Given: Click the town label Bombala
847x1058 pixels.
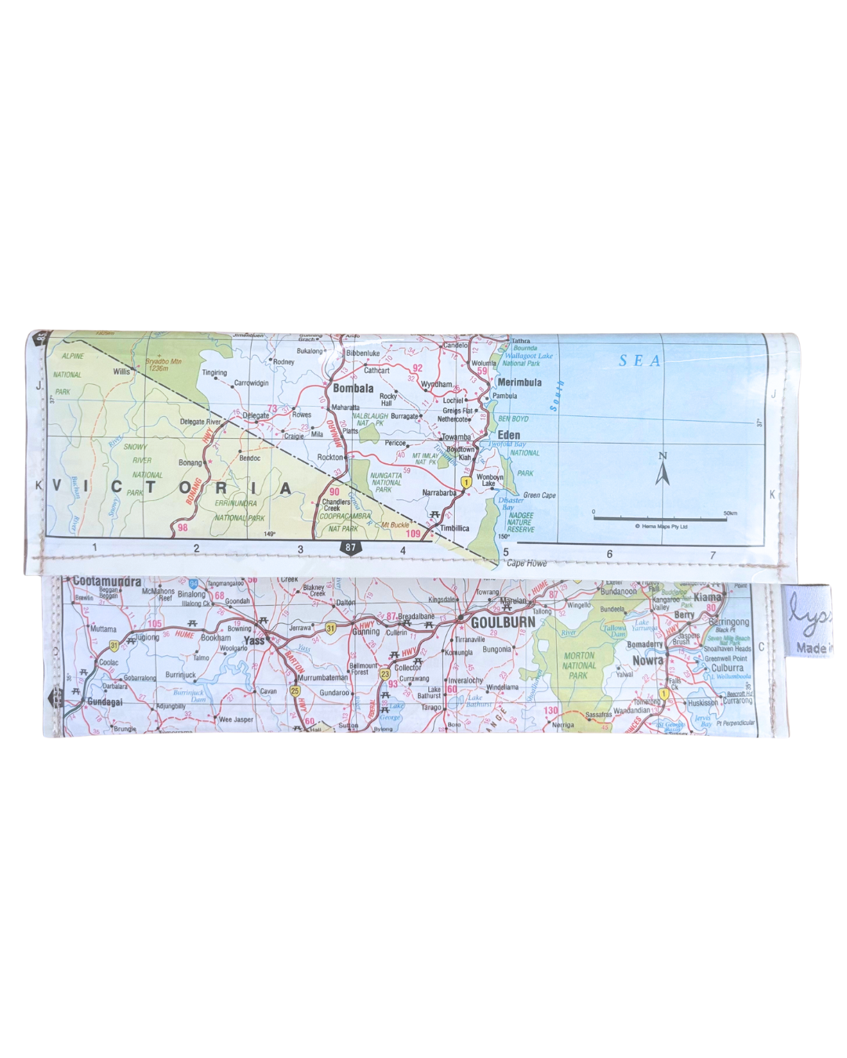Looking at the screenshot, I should pyautogui.click(x=353, y=388).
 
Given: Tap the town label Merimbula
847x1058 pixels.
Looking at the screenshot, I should pyautogui.click(x=519, y=382).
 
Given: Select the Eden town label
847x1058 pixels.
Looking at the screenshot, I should pyautogui.click(x=508, y=435).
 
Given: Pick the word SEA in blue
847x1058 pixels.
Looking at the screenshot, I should pyautogui.click(x=640, y=361).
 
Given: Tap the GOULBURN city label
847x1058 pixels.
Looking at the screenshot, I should pyautogui.click(x=503, y=622).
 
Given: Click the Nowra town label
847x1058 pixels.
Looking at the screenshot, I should pyautogui.click(x=648, y=661).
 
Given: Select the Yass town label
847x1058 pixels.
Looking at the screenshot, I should pyautogui.click(x=254, y=640).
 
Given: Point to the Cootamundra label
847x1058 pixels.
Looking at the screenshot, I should pyautogui.click(x=107, y=582).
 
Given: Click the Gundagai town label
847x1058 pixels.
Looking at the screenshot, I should pyautogui.click(x=104, y=702).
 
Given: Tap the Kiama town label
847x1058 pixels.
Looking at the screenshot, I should pyautogui.click(x=707, y=597).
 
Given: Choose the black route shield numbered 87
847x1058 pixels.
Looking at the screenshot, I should pyautogui.click(x=350, y=548).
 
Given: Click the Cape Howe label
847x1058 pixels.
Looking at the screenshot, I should pyautogui.click(x=526, y=563).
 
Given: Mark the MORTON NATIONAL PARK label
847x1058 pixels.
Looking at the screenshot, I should pyautogui.click(x=579, y=665).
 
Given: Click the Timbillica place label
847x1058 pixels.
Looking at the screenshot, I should pyautogui.click(x=454, y=528).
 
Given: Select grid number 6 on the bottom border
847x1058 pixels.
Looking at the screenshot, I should pyautogui.click(x=609, y=554).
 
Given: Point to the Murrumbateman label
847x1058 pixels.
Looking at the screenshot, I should pyautogui.click(x=322, y=678).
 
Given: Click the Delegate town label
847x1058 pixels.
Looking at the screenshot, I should pyautogui.click(x=256, y=415).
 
